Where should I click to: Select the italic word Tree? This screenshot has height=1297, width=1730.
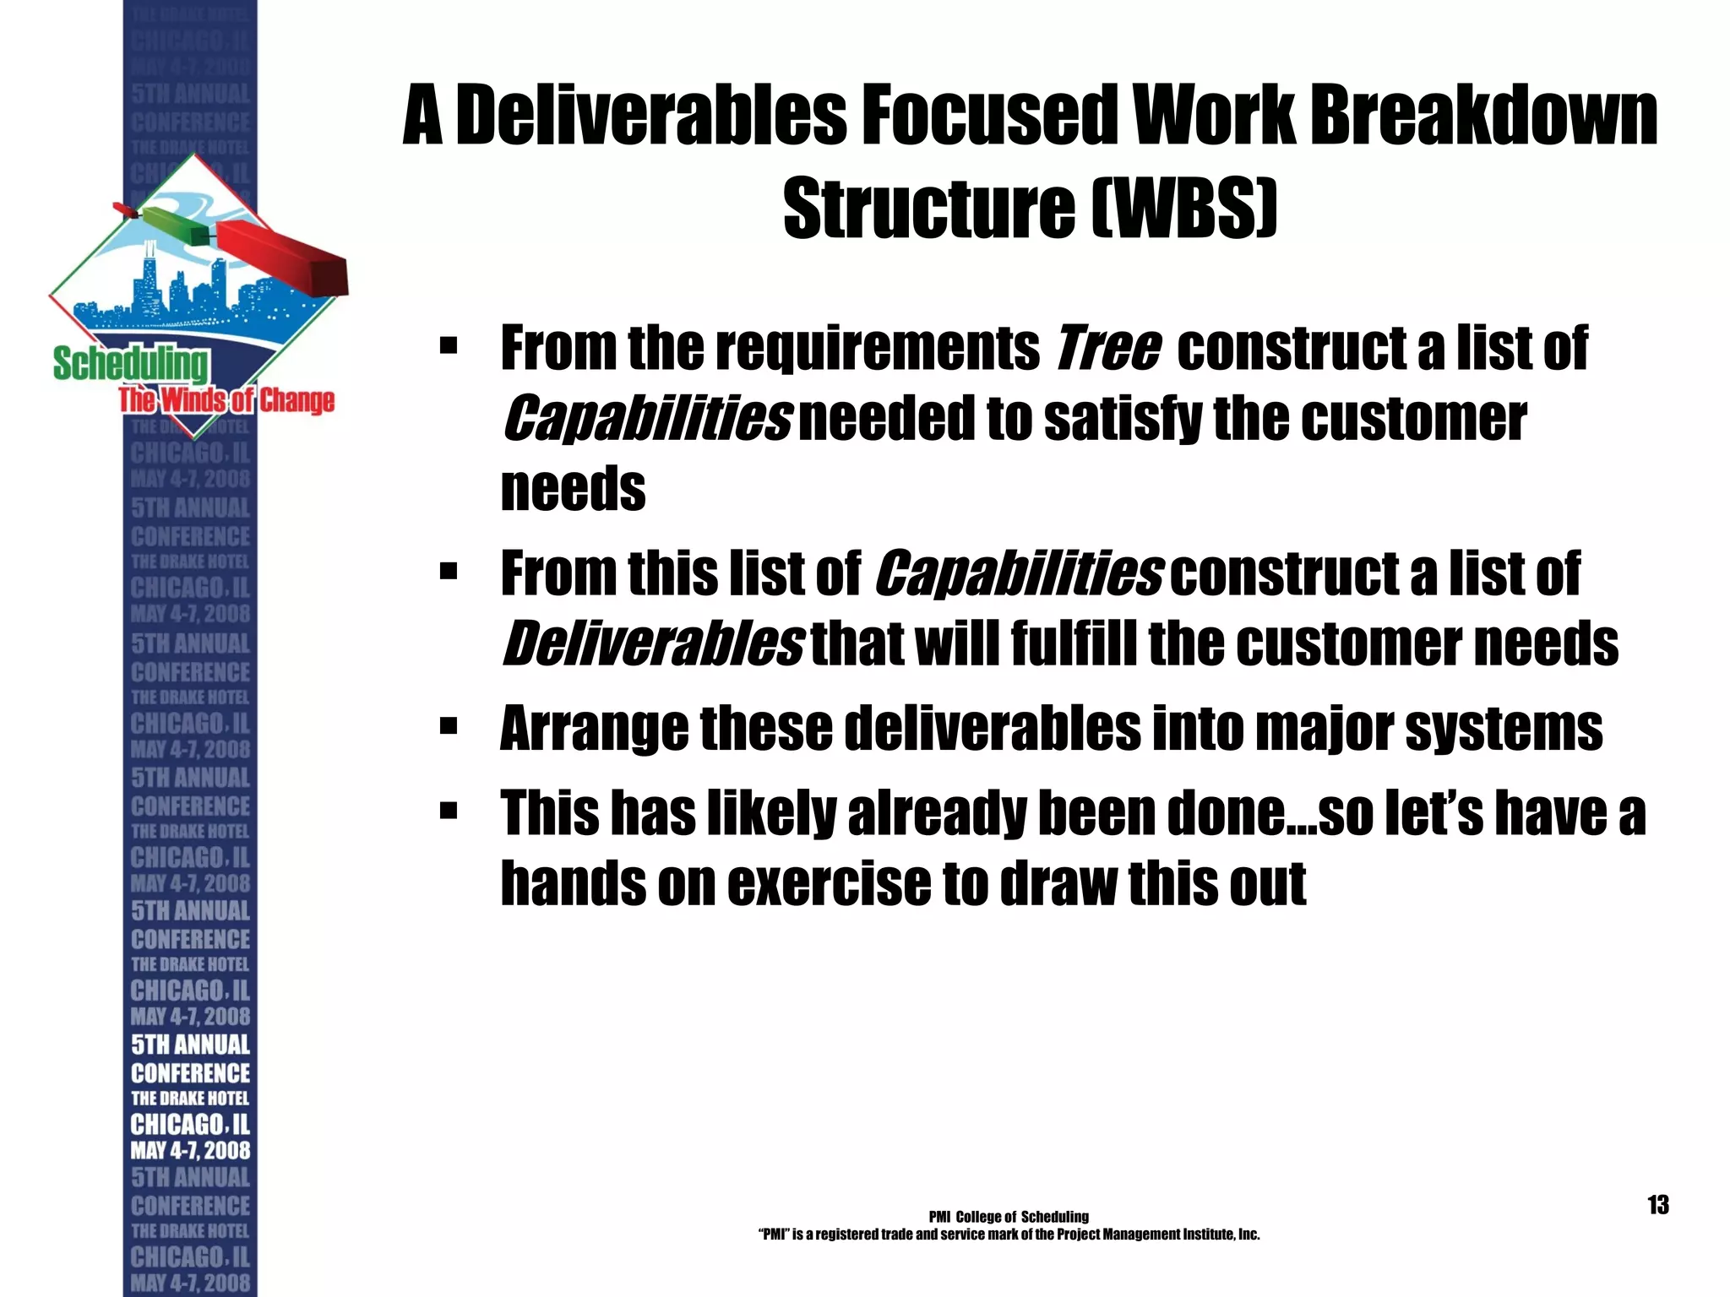1107,348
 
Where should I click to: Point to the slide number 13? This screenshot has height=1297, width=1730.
1657,1204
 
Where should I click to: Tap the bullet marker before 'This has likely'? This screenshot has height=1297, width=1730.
449,812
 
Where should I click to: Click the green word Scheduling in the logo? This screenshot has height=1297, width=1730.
130,364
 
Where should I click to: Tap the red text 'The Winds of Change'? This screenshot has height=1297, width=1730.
226,399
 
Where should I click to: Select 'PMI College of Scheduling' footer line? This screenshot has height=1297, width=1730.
1008,1217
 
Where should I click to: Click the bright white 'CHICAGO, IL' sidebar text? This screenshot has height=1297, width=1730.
190,1124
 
